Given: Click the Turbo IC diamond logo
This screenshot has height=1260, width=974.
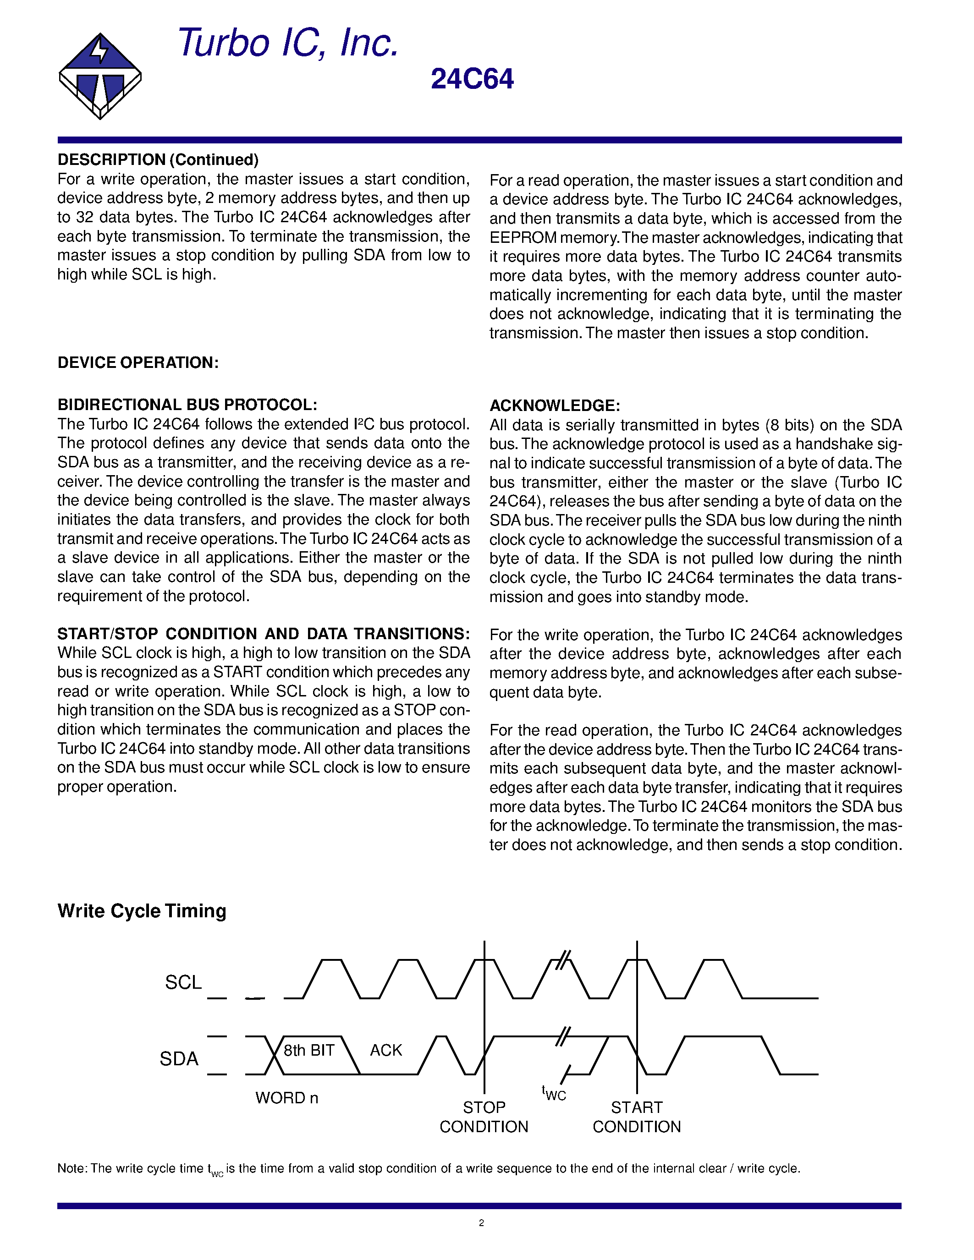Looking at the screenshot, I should point(100,76).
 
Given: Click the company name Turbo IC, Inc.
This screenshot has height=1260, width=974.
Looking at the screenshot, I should point(287,43).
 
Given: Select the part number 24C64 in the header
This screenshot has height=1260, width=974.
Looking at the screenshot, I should point(472,80).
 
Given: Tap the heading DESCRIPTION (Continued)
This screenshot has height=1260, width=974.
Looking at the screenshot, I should point(158,160).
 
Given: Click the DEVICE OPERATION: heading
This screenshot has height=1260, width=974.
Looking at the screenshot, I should point(138,362).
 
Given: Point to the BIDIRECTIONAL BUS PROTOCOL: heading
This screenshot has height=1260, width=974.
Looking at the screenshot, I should point(187,405).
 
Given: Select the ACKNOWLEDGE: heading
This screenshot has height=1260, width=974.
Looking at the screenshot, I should point(555,405).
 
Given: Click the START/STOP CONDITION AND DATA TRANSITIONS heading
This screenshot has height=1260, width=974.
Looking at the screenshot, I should point(263,634).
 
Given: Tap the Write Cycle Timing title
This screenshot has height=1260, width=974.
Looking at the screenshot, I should point(142,911).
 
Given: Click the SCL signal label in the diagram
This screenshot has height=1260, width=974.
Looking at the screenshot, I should point(183,982).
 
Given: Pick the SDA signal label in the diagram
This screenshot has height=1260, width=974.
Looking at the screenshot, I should point(179,1059).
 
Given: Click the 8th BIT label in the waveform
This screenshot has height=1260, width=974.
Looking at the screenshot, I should point(309,1050).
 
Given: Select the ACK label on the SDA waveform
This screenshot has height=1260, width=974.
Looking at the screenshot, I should point(385,1050).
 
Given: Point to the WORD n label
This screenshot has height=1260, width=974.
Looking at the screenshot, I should point(287,1098).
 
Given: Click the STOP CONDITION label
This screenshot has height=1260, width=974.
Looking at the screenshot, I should point(484,1117).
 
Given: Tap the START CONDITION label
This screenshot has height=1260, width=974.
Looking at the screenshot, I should point(637,1117).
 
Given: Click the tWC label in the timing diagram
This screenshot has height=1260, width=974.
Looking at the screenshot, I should point(553,1093).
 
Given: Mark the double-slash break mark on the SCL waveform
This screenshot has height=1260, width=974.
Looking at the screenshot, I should point(562,960).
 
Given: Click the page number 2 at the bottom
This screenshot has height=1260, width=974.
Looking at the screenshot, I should point(481,1222).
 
